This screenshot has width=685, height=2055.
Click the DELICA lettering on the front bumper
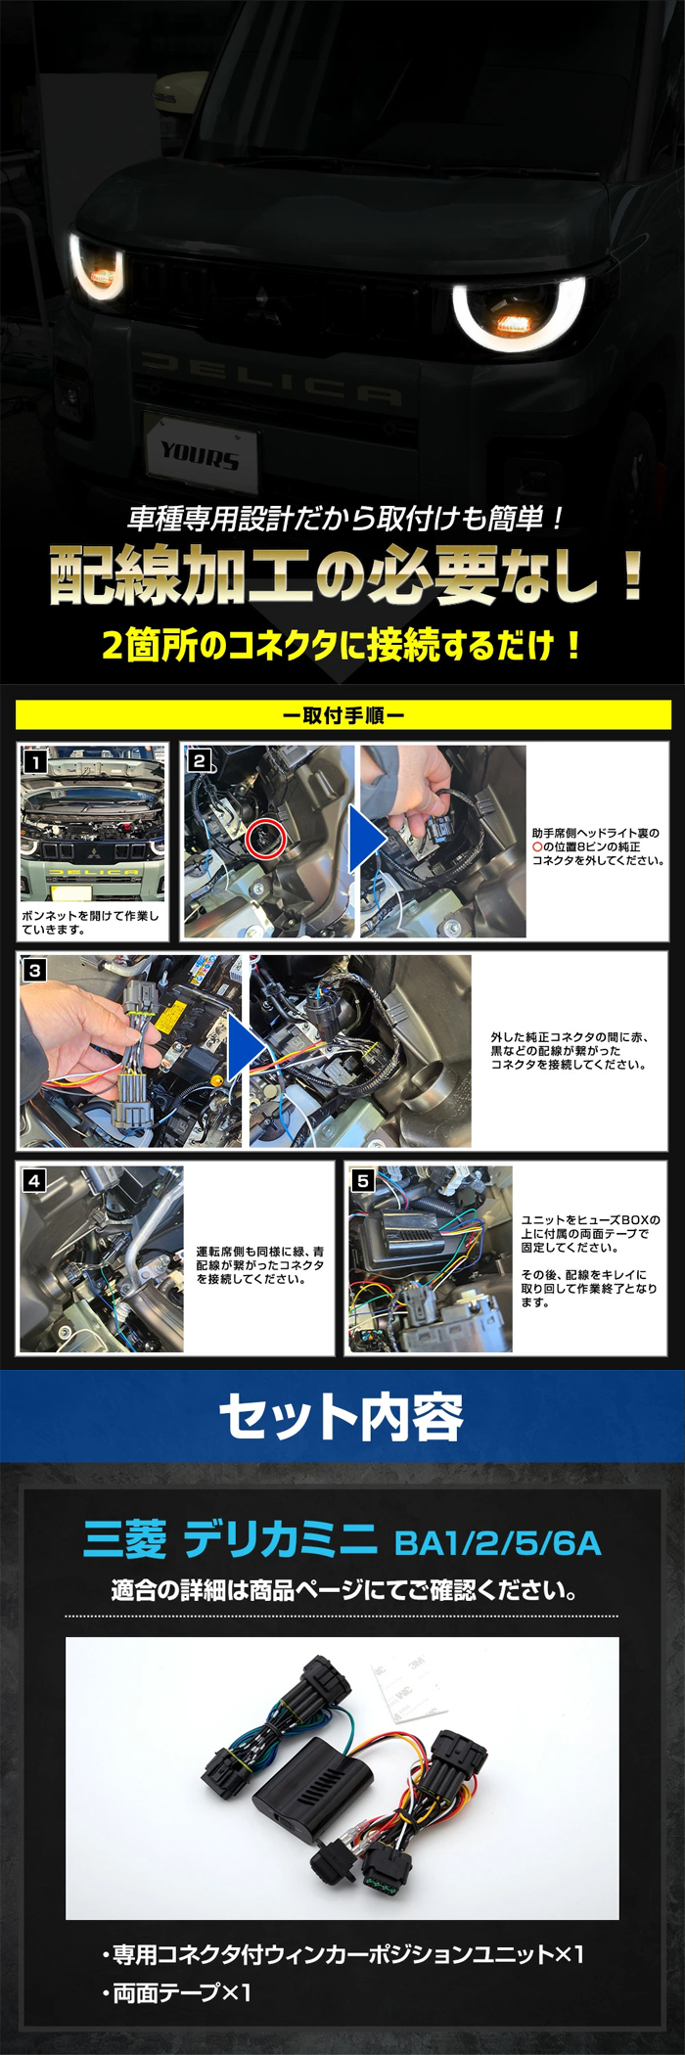[x=269, y=380]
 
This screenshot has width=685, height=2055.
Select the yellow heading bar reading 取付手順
[x=342, y=715]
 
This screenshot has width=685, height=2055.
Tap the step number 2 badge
[x=200, y=760]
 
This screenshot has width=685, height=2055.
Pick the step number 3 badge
[x=35, y=970]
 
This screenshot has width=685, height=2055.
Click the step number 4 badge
[x=35, y=1180]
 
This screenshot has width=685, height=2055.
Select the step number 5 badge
[x=363, y=1180]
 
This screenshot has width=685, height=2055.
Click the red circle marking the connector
[x=265, y=839]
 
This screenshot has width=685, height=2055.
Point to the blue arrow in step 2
[x=366, y=840]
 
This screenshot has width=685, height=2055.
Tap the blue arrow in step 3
[x=244, y=1048]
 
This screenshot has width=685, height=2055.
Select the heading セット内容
[x=342, y=1417]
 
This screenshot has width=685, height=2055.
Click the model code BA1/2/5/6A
[x=497, y=1543]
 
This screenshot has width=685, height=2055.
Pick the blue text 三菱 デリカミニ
[x=230, y=1539]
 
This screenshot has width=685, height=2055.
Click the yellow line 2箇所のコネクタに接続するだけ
[x=342, y=645]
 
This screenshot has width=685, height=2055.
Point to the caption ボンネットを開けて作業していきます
[x=90, y=923]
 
